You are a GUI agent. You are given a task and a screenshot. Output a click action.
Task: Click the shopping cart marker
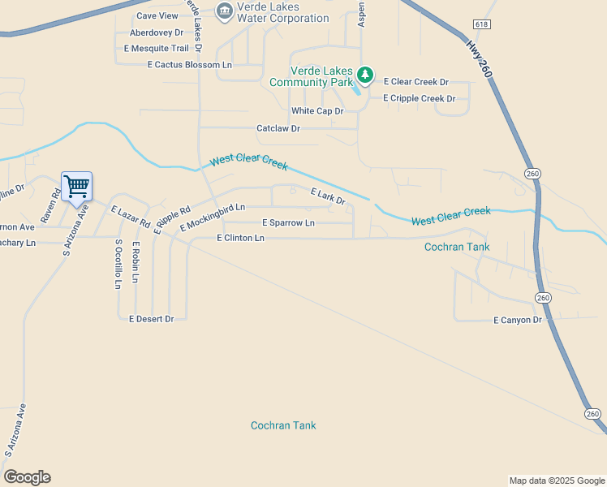tap(76, 187)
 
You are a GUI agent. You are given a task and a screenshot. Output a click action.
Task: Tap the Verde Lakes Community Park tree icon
tap(366, 75)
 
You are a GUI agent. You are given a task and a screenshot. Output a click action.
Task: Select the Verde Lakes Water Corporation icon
tap(224, 11)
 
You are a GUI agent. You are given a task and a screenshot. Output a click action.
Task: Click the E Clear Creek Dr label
tap(416, 82)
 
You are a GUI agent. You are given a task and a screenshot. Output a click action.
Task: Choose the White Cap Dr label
tap(317, 111)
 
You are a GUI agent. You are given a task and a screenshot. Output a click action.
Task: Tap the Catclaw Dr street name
tap(278, 128)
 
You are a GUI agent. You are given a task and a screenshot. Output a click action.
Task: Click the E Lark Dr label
tap(328, 196)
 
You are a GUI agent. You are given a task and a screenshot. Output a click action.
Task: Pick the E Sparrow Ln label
tap(288, 222)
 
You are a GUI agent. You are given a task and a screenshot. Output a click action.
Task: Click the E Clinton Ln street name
tap(241, 238)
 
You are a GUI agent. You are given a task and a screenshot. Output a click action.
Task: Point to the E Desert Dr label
tap(152, 319)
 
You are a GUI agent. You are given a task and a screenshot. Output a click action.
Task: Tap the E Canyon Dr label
tap(517, 321)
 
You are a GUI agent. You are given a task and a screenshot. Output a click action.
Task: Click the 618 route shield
tap(482, 25)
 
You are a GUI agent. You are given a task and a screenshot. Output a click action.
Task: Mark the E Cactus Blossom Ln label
tap(172, 65)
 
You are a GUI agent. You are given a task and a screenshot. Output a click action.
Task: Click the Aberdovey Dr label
tap(157, 33)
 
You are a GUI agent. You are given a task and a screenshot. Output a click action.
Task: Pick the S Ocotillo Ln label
tap(118, 264)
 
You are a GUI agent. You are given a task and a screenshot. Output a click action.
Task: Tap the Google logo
tap(27, 477)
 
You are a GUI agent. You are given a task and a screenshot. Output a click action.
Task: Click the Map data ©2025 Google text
tap(557, 481)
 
